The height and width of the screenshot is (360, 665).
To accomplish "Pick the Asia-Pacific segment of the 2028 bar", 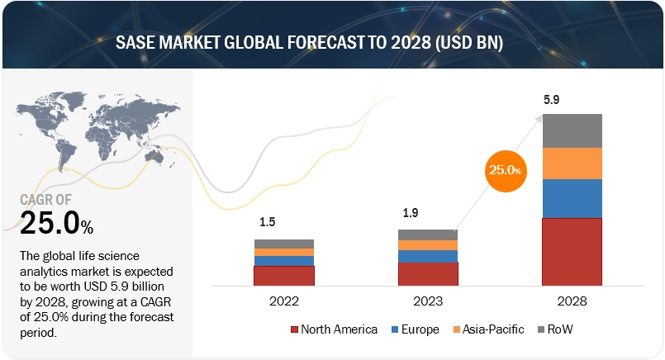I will click(572, 163).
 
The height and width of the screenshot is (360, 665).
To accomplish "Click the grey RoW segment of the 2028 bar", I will click(572, 130).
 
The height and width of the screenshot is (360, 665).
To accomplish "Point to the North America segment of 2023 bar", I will click(427, 274).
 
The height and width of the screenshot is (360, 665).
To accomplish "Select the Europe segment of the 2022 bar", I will click(283, 261).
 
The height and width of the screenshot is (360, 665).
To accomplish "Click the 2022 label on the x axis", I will click(283, 302).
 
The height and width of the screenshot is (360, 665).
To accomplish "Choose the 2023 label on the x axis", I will click(427, 302).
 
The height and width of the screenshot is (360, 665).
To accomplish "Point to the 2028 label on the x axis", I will click(572, 302).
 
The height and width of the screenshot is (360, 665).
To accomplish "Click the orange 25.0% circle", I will click(504, 169).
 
